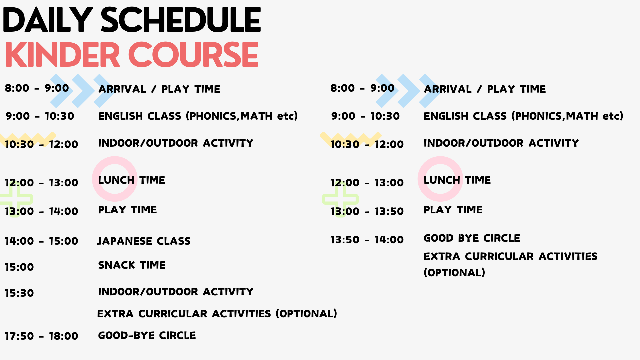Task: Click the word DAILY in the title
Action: pos(48,20)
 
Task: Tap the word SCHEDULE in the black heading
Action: pos(181,20)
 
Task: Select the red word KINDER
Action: pos(62,55)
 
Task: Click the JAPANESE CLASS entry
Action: pos(144,241)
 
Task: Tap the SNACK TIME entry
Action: pos(132,265)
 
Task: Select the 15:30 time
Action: pos(19,293)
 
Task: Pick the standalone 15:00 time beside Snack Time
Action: pos(19,267)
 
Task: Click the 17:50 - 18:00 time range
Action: pos(41,336)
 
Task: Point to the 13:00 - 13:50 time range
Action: pos(367,211)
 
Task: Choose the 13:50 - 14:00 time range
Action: pos(367,240)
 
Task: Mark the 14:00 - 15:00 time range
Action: pos(41,241)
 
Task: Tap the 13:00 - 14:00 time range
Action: pos(41,211)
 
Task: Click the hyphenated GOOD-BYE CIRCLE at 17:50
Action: pos(147,335)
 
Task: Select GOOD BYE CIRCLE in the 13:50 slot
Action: pos(472,238)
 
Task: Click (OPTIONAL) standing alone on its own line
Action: pos(454,273)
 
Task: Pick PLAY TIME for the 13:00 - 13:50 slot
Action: pos(453,210)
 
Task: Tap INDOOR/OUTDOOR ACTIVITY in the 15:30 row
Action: pos(176,292)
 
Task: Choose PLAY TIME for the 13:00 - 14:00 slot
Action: pos(127,210)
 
